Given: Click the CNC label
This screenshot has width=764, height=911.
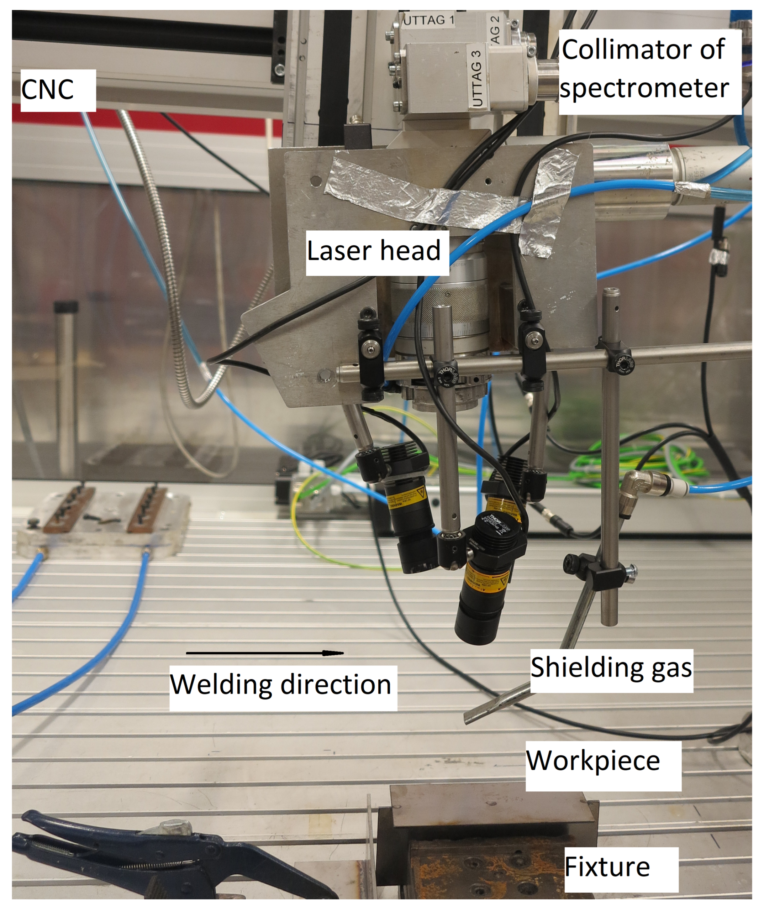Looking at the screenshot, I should point(48,90).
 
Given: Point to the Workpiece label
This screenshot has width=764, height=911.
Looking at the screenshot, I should point(593,760).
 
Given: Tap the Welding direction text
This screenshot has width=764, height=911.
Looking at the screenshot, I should point(281,685).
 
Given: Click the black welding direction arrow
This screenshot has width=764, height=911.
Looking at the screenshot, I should point(264,653).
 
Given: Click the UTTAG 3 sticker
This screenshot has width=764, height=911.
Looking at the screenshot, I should point(476,78).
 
